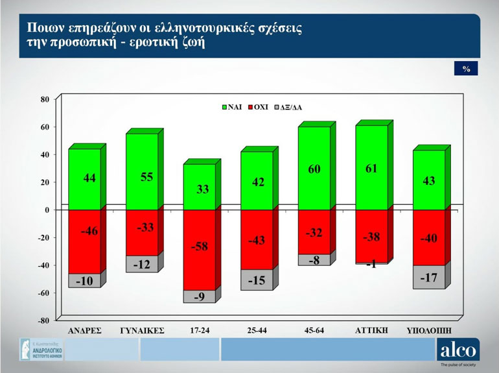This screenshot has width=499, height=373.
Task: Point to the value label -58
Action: [x=200, y=247]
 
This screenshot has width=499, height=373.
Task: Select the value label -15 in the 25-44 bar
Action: [x=257, y=280]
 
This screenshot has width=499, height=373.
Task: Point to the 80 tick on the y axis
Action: [x=45, y=99]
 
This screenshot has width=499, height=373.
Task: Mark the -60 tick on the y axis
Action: [x=43, y=293]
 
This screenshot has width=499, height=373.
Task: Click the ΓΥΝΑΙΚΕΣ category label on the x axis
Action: [x=143, y=330]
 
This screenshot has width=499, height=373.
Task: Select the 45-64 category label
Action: [x=314, y=330]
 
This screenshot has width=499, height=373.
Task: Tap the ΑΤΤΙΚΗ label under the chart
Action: [x=371, y=330]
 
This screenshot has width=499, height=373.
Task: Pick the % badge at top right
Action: [x=466, y=69]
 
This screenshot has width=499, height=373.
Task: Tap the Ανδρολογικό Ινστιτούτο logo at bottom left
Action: [x=41, y=350]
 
